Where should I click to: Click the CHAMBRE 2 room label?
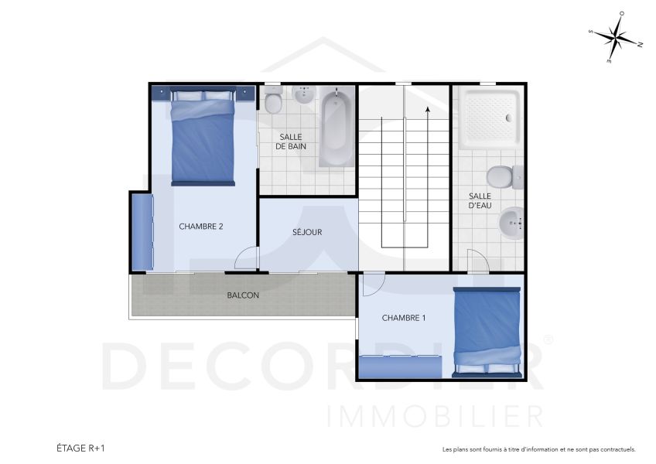(201, 227)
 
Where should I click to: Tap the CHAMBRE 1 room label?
(404, 318)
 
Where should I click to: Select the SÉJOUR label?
(307, 232)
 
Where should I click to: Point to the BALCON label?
(243, 295)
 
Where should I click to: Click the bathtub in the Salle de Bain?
(336, 128)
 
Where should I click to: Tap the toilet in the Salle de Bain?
(273, 101)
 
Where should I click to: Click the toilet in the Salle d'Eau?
(504, 177)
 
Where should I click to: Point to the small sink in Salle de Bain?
(303, 97)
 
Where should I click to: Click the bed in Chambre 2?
(202, 138)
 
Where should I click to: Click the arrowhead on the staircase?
(427, 111)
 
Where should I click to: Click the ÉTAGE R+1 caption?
(81, 448)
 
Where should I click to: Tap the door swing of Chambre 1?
(371, 285)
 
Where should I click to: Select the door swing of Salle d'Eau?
(476, 261)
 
